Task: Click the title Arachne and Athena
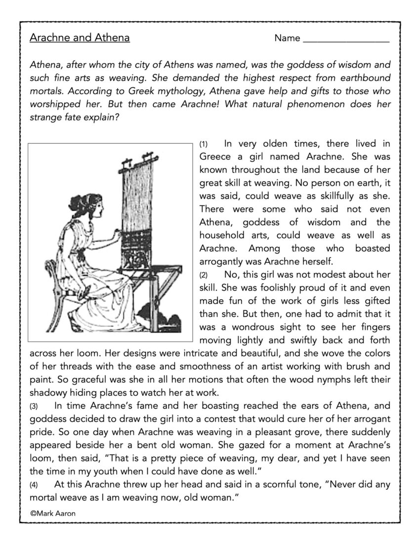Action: (80, 38)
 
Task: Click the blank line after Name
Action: (345, 39)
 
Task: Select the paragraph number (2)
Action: (204, 274)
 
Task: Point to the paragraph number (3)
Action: (34, 407)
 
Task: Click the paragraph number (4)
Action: (34, 485)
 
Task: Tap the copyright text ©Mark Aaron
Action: (53, 513)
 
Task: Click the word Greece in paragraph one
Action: (216, 157)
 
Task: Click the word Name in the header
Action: (287, 39)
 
